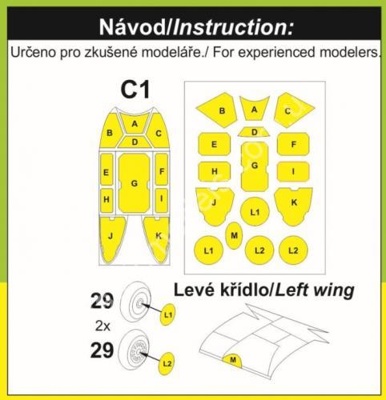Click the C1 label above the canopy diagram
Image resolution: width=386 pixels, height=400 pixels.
(135, 90)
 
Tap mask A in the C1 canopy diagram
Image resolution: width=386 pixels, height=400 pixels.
(135, 123)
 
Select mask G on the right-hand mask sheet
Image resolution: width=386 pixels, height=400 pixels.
(255, 166)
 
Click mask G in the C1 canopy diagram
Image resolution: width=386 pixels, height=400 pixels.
(134, 183)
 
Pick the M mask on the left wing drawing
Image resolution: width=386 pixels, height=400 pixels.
(233, 361)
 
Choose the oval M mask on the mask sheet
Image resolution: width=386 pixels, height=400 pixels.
(234, 235)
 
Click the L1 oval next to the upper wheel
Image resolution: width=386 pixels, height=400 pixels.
(167, 315)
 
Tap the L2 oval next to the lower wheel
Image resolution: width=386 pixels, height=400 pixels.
(167, 363)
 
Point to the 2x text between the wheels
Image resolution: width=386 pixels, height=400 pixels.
(103, 326)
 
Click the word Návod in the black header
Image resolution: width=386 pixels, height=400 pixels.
(132, 27)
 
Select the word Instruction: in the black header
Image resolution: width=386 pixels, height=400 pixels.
(233, 27)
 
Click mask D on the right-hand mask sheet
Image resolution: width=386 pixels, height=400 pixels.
(254, 132)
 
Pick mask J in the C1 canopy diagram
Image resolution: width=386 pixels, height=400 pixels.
(111, 236)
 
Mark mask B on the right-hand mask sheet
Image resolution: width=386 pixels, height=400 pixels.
(219, 110)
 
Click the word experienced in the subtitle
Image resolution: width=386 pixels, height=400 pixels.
(277, 52)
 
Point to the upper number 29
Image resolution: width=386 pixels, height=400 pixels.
(103, 301)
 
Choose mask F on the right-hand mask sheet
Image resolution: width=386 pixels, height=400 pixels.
(293, 144)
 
